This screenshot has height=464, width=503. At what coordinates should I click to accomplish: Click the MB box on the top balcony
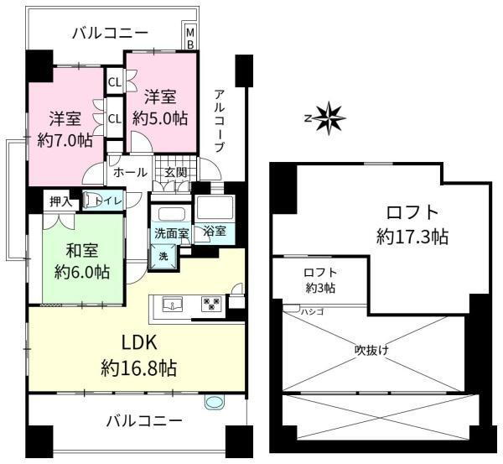pos(189,38)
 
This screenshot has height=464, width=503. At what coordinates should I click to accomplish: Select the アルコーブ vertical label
pos(219,120)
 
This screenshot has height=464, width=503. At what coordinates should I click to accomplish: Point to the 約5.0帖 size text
pos(160,118)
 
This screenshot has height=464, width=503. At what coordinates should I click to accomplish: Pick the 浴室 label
pos(214,232)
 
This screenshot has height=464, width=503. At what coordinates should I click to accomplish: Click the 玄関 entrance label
pos(175,172)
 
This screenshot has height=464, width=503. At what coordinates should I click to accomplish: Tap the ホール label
pos(130,172)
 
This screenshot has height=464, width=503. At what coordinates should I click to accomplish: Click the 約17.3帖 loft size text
pos(412,237)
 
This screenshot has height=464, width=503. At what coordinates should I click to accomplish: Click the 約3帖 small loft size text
pos(320,289)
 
